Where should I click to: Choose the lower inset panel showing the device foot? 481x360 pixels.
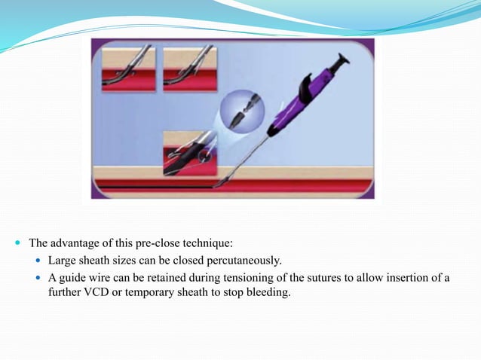(x=189, y=153)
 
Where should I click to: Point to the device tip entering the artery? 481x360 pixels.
(x=221, y=182)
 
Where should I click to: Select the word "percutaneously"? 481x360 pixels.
(x=244, y=261)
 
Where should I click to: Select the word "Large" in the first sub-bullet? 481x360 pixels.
(x=63, y=261)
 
